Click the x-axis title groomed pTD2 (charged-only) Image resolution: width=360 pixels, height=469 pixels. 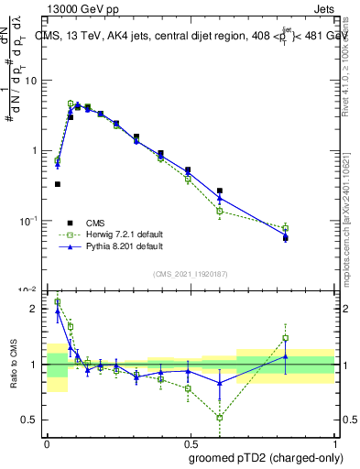click(267, 457)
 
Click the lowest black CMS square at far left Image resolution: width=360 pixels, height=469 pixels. click(58, 184)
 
